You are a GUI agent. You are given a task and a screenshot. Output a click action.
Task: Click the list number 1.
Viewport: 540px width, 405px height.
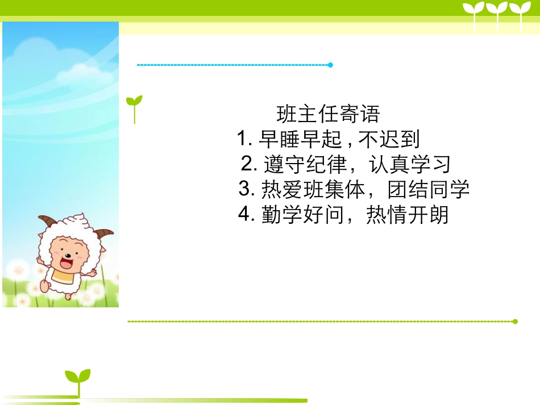point(244,139)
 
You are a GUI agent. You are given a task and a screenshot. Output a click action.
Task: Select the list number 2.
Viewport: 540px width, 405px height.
point(250,165)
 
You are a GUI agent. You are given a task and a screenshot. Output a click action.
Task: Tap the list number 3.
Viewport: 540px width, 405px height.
point(247,189)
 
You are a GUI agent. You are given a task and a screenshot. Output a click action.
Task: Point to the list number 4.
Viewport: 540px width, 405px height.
point(247,215)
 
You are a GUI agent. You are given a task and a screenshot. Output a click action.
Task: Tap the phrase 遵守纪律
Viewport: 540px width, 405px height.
point(305,165)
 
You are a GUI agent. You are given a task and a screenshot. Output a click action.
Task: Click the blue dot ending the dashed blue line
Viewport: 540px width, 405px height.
point(330,65)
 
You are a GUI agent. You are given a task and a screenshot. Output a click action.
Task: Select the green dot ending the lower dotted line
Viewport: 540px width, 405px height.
point(515,322)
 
